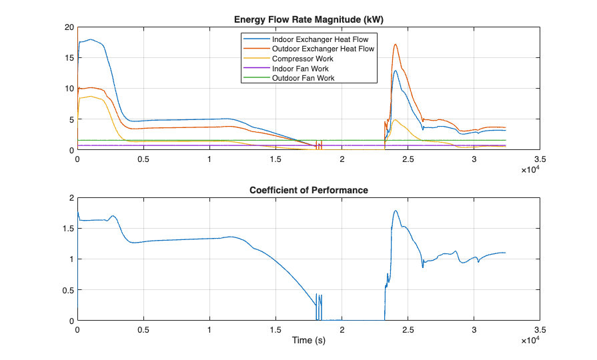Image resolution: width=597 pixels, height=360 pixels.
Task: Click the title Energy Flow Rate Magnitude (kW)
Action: click(308, 20)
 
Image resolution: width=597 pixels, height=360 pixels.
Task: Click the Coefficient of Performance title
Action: click(308, 190)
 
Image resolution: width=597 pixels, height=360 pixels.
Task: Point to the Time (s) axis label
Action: click(308, 341)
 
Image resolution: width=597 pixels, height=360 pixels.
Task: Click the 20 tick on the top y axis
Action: click(69, 27)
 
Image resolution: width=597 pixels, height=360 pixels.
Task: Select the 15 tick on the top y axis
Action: click(69, 58)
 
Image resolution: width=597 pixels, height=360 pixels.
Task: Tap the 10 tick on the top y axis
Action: click(69, 89)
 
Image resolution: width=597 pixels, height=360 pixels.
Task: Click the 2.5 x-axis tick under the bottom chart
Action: click(408, 330)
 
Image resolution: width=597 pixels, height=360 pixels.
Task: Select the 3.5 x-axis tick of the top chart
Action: click(540, 160)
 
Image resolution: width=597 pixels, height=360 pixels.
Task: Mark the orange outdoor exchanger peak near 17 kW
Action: click(396, 45)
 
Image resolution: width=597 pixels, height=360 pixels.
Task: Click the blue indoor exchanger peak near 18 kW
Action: click(91, 39)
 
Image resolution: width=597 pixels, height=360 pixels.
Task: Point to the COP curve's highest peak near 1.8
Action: click(396, 211)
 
